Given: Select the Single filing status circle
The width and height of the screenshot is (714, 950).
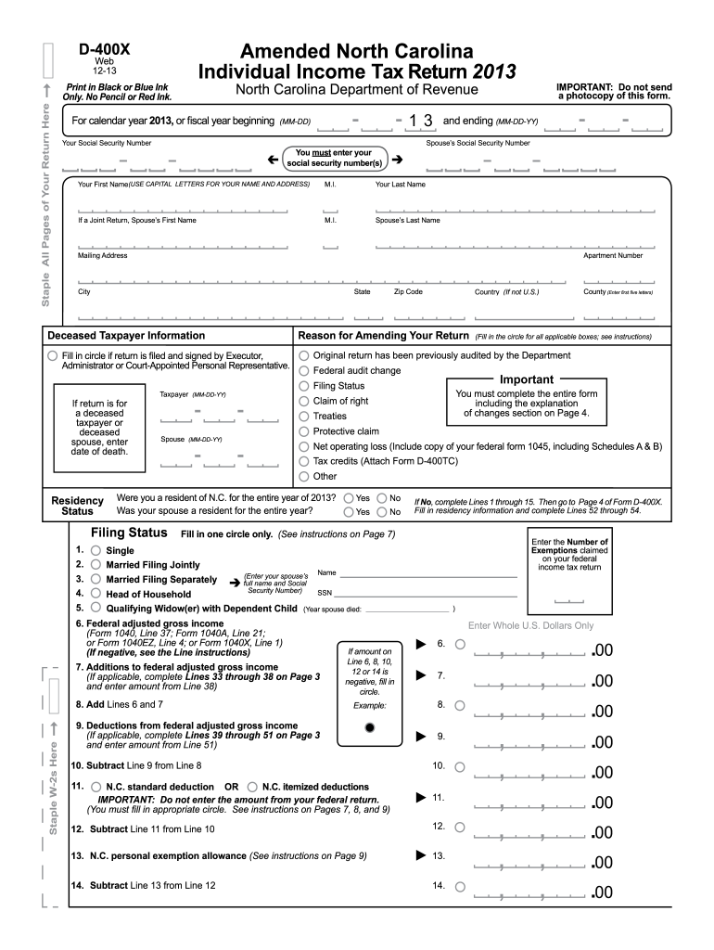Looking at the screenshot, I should (96, 551).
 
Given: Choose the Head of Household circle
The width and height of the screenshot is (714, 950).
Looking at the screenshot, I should (96, 594).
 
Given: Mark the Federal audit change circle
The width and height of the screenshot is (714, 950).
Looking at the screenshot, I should (303, 370).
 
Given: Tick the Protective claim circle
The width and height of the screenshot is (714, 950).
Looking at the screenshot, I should (303, 431).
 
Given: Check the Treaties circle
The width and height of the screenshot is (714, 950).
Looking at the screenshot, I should (303, 416).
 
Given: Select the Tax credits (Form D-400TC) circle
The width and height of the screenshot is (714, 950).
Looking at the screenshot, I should (303, 461).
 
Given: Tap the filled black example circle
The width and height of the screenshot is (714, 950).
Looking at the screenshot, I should (370, 728).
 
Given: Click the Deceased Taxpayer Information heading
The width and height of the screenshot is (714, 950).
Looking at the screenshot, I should (126, 336).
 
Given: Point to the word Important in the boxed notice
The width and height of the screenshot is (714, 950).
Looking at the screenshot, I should (526, 379).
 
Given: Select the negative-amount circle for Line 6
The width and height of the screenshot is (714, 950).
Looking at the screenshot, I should (460, 644).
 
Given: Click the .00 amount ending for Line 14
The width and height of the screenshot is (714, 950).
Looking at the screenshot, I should (602, 893).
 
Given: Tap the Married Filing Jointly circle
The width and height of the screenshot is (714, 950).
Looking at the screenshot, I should (96, 565).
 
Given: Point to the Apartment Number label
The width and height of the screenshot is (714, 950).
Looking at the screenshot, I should (612, 256).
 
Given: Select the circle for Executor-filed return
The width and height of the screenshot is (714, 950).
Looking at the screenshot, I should (52, 355).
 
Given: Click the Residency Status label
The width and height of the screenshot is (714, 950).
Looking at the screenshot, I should (77, 506).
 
